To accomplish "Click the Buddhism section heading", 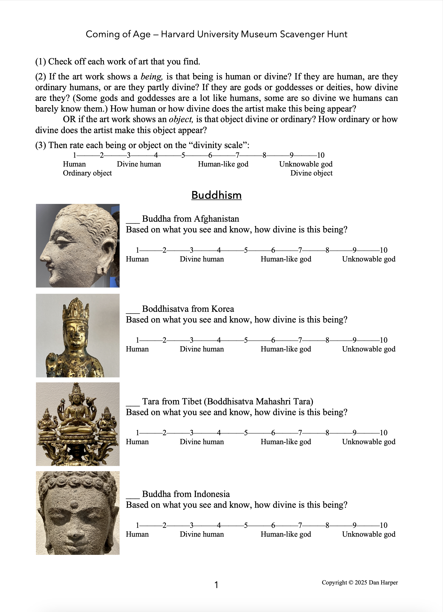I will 216,195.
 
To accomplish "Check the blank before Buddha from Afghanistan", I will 133,221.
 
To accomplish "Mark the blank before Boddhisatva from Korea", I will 133,311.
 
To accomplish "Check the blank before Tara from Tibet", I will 133,403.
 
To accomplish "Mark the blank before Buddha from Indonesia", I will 133,496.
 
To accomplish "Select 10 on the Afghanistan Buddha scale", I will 383,250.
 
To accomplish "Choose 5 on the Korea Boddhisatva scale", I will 246,340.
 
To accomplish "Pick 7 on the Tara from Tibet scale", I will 300,433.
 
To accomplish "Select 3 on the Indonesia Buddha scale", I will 191,525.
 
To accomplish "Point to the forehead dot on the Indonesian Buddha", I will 73,504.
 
